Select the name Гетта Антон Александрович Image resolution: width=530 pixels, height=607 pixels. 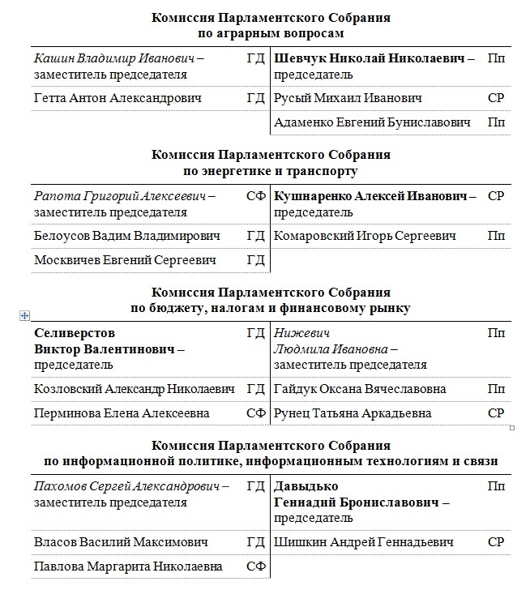118,99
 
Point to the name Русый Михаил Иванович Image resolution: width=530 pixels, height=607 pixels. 348,99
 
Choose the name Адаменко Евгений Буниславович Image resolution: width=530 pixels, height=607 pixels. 372,122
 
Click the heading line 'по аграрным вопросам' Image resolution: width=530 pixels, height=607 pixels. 271,34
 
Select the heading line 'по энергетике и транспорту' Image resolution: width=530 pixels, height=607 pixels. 271,172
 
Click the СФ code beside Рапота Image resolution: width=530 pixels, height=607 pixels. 255,197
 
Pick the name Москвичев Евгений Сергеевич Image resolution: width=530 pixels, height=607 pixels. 126,260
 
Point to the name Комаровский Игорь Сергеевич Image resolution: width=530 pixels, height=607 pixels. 365,237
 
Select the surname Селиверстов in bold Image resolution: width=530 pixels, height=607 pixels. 75,333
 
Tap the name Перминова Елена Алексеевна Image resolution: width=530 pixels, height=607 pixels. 122,413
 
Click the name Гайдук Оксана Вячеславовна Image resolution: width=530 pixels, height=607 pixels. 360,389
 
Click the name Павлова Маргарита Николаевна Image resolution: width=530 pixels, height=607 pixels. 128,566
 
